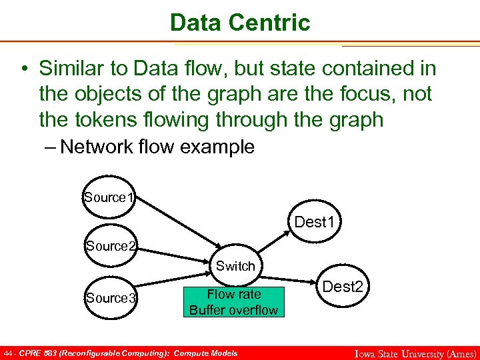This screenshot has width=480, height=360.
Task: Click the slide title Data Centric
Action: [240, 22]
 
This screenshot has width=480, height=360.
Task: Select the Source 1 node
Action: [109, 197]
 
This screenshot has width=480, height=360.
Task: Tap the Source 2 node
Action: [111, 246]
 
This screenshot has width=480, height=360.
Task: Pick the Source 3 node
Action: [111, 298]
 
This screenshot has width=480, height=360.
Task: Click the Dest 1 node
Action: [314, 221]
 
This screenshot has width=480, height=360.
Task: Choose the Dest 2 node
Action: [343, 287]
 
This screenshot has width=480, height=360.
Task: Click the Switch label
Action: [235, 266]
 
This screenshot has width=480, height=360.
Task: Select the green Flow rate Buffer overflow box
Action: [233, 302]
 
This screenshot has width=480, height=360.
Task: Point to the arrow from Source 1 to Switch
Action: [180, 221]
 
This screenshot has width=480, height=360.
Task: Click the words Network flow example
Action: [157, 147]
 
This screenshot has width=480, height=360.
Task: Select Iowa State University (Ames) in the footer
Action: [414, 354]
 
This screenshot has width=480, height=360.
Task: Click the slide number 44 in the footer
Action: [7, 353]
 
